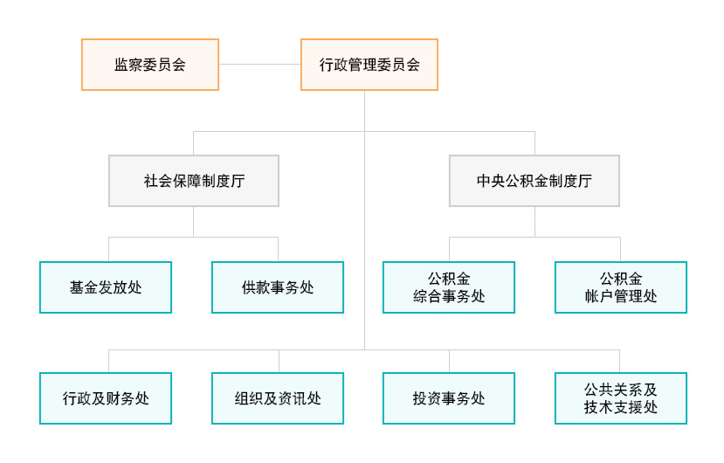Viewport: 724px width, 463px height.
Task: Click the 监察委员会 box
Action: pos(150,65)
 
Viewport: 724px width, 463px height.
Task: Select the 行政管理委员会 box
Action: pos(369,65)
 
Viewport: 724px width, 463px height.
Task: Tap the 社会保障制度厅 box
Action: pos(194,181)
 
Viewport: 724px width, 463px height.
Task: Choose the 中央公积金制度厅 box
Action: pos(534,181)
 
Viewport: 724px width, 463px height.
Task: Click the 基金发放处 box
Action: pos(106,287)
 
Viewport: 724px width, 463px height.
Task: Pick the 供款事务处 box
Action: pos(278,287)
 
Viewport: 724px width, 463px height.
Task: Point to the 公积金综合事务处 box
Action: pos(449,287)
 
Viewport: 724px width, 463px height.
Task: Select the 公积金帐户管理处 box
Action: pos(621,287)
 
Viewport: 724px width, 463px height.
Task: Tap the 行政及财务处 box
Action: pos(106,398)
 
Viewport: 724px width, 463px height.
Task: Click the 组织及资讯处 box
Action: pos(278,398)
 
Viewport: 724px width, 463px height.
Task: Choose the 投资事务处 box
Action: pos(449,398)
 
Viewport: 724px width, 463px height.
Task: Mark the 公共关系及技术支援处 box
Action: pos(621,398)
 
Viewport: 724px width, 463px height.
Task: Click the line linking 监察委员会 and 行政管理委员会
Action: pos(260,65)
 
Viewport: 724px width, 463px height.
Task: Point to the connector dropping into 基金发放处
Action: pos(109,250)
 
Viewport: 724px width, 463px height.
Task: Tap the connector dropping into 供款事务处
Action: pos(278,250)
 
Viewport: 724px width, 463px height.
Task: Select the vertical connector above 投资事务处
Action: pos(449,362)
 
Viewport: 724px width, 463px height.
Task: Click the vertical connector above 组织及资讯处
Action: pos(279,362)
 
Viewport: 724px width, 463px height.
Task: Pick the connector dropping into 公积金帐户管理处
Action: pos(621,250)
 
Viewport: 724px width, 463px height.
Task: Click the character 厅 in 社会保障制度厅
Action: pos(238,181)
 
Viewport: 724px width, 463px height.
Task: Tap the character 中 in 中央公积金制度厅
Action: pos(484,181)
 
